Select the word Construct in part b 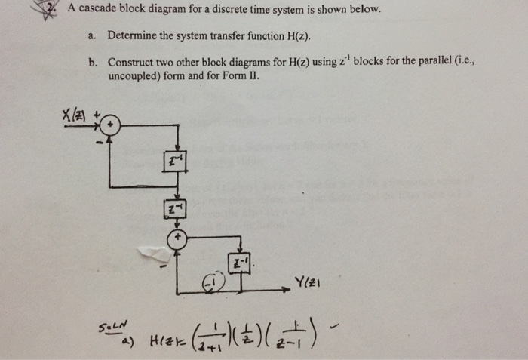point(133,62)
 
